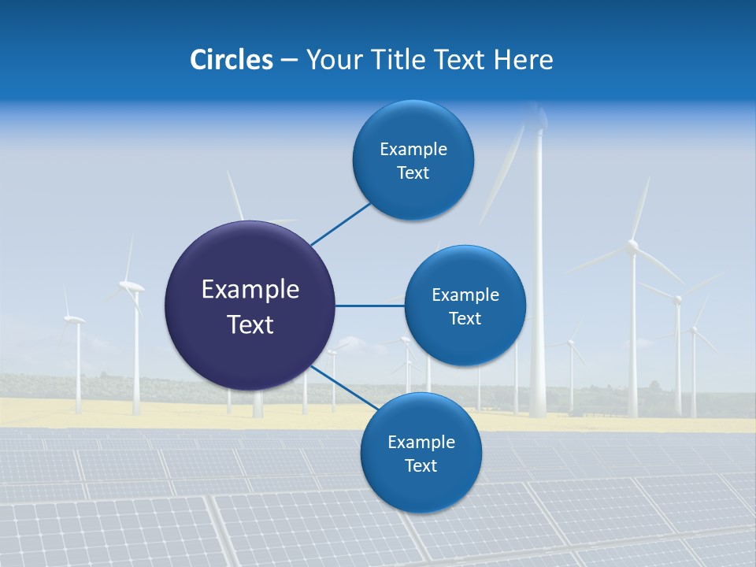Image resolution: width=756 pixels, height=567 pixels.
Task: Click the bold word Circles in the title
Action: (231, 60)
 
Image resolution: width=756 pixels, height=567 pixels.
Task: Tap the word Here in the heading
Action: (523, 60)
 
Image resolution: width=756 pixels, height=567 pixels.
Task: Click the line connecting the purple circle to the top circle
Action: (340, 224)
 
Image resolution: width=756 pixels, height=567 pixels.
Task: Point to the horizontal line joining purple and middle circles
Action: (369, 306)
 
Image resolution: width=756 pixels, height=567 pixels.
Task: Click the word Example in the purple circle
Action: (250, 290)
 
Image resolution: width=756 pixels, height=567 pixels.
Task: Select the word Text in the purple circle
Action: (250, 324)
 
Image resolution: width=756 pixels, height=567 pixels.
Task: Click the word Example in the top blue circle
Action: (413, 150)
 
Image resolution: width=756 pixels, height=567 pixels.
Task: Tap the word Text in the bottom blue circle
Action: (421, 465)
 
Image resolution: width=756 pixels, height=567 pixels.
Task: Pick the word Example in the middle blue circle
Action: (465, 295)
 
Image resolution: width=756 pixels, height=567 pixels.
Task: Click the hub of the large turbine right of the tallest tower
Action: (632, 247)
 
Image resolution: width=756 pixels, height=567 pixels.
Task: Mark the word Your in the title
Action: (333, 60)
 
